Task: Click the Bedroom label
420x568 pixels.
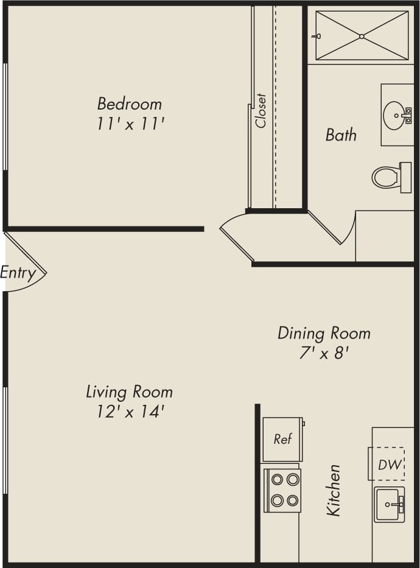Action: click(x=130, y=103)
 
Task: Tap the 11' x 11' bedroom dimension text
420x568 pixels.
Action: click(x=130, y=124)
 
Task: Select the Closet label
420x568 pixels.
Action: click(x=261, y=110)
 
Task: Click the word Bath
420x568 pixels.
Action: click(x=341, y=135)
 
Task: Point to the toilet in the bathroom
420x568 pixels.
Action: click(x=387, y=177)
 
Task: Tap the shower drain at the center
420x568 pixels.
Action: click(x=362, y=37)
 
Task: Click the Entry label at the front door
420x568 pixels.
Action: click(x=18, y=273)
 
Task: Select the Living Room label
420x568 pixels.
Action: click(x=129, y=391)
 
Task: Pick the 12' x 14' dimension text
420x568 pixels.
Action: click(x=130, y=412)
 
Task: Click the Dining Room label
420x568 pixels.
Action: click(x=324, y=333)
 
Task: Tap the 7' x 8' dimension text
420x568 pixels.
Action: click(x=324, y=353)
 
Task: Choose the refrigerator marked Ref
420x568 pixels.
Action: click(x=282, y=439)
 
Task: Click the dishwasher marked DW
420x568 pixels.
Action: click(x=390, y=465)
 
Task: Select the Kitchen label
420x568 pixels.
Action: click(x=334, y=490)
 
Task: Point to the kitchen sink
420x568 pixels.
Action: click(x=388, y=505)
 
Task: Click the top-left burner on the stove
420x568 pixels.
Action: click(x=277, y=479)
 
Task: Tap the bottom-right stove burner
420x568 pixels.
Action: click(x=293, y=500)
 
